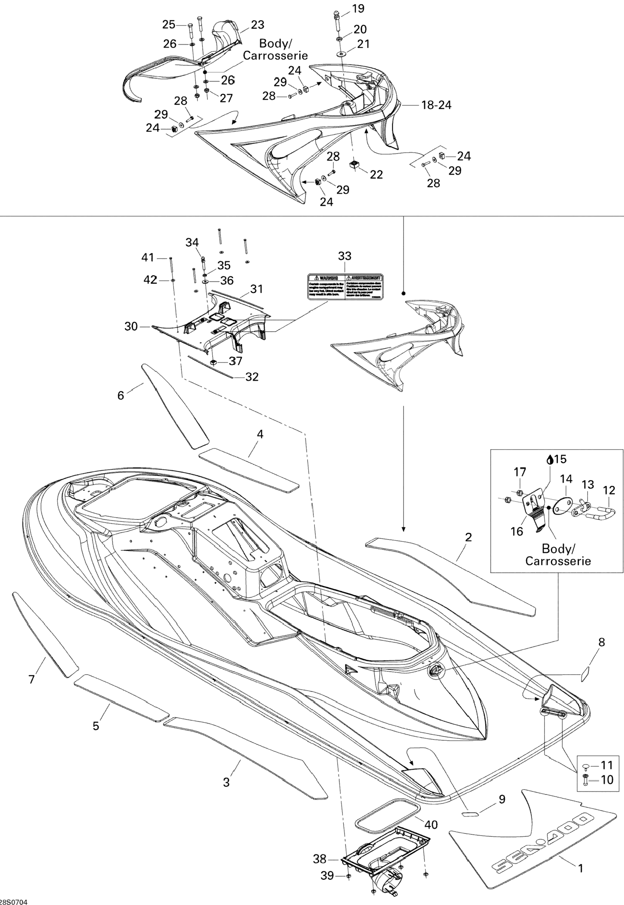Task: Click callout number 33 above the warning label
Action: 344,256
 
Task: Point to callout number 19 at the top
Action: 358,8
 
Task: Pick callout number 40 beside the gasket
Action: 431,825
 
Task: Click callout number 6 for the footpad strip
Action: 121,395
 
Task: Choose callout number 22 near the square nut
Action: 376,174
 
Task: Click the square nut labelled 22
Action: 354,165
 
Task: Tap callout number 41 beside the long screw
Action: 148,258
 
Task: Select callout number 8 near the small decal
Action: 602,642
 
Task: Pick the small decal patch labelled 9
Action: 470,813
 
